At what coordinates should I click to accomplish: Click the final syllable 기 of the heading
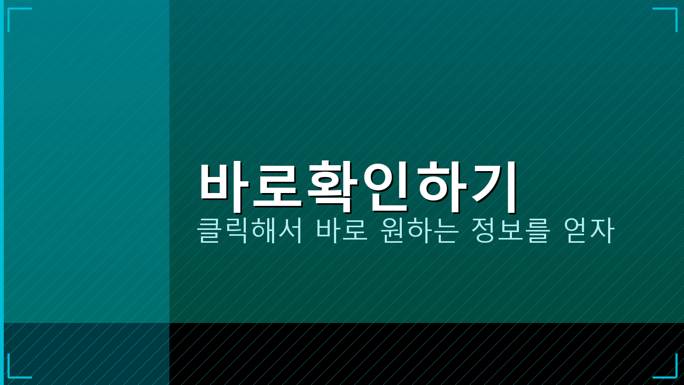495,184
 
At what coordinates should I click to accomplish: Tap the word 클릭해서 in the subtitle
250,230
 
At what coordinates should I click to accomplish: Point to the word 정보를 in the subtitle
510,230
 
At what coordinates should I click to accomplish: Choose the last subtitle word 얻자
589,230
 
